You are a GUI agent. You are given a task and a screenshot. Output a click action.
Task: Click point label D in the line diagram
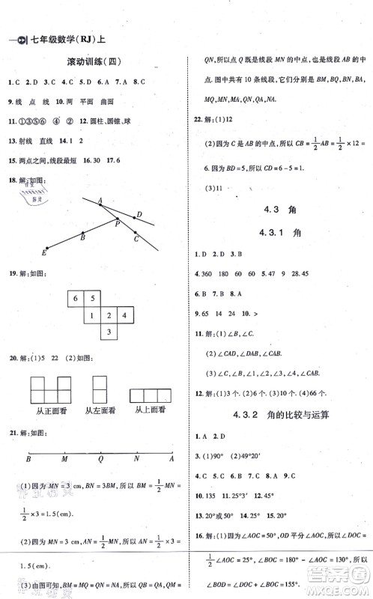[139, 215]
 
